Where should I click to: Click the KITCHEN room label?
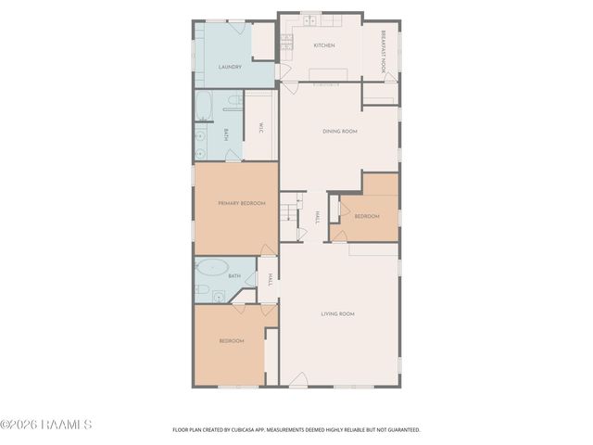323,45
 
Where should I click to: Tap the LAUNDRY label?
230,68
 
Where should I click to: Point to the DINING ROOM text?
339,132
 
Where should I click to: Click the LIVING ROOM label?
337,314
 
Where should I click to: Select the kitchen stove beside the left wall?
286,42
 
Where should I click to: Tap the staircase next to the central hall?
291,213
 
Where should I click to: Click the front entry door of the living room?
297,380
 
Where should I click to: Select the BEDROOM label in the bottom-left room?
232,341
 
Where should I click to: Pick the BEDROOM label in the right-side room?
367,216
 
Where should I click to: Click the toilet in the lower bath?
202,289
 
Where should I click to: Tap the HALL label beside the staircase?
316,217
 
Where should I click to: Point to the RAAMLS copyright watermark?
46,425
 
